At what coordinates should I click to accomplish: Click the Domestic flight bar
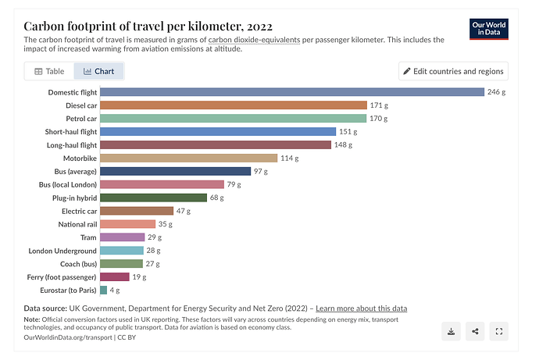point(292,92)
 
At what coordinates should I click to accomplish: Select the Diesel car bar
point(234,105)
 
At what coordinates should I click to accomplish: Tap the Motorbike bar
point(189,158)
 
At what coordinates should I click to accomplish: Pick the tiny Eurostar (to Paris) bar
point(103,290)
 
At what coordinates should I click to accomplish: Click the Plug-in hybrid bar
point(154,198)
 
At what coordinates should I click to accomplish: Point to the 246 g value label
point(496,92)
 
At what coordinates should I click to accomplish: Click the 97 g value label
point(261,172)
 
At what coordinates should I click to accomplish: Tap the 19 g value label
point(139,277)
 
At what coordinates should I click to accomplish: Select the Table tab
point(49,71)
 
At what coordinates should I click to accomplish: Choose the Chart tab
point(98,71)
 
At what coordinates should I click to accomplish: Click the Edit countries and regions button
point(453,71)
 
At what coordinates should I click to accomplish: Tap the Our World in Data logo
point(489,29)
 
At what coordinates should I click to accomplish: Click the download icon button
point(451,331)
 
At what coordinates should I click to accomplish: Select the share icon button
point(475,331)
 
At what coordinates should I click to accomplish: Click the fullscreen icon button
point(499,331)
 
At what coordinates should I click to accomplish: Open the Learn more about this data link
point(361,308)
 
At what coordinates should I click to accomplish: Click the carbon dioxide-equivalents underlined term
point(254,40)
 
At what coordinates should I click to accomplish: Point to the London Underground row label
point(62,251)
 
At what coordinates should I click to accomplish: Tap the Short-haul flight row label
point(71,132)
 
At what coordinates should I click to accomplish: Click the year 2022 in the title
point(259,27)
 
